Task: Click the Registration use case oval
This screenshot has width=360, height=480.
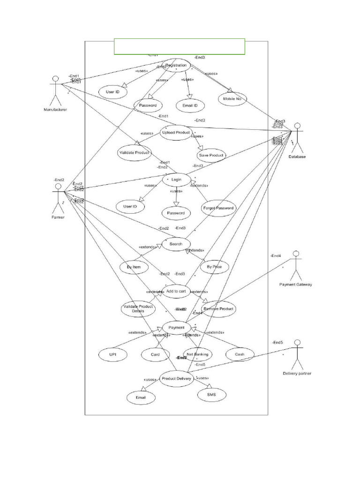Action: [x=176, y=66]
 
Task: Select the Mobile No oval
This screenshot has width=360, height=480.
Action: [x=232, y=99]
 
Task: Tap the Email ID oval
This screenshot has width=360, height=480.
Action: [x=190, y=105]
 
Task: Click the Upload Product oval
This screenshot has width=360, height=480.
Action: [x=176, y=133]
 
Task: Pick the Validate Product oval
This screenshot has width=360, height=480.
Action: [x=134, y=153]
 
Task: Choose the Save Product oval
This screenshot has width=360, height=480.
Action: [x=211, y=155]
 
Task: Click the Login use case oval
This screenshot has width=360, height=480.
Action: [x=176, y=180]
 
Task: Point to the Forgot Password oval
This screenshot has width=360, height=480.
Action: [x=218, y=208]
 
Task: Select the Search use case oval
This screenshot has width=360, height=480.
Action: [x=176, y=244]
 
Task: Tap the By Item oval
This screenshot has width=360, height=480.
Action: [x=134, y=267]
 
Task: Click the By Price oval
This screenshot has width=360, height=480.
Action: [x=214, y=267]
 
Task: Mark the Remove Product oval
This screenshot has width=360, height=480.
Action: [x=218, y=309]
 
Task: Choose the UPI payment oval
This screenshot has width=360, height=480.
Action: [x=112, y=355]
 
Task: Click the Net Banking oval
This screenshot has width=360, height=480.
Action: [x=197, y=354]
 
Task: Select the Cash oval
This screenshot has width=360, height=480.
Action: [x=239, y=355]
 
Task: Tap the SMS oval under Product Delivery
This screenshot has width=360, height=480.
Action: [x=211, y=395]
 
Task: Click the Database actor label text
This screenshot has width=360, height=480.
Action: [x=297, y=157]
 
